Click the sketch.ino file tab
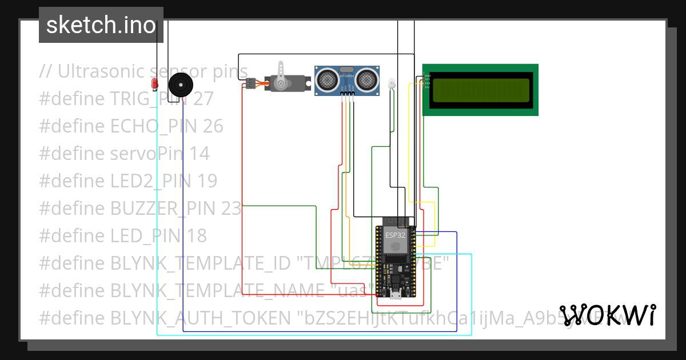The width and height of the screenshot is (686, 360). coord(101,25)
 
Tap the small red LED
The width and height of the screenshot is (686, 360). coord(154,83)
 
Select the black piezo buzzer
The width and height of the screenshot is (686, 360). coord(181,86)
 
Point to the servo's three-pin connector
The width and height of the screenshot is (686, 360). coord(250,84)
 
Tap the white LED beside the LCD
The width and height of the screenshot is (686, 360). coord(392,83)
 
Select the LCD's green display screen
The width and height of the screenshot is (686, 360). coord(480,90)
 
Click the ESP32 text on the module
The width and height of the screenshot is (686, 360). coord(395,235)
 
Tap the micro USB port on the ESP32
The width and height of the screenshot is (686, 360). coord(395,295)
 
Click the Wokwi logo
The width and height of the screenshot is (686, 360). coord(607,315)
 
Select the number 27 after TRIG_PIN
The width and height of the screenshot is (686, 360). coord(203,99)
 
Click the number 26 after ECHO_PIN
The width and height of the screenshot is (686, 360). coord(213,126)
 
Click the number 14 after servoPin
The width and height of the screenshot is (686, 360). coord(200,154)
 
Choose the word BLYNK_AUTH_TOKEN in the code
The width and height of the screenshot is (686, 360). coord(202,318)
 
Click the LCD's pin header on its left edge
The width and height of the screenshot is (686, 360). coord(426,81)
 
